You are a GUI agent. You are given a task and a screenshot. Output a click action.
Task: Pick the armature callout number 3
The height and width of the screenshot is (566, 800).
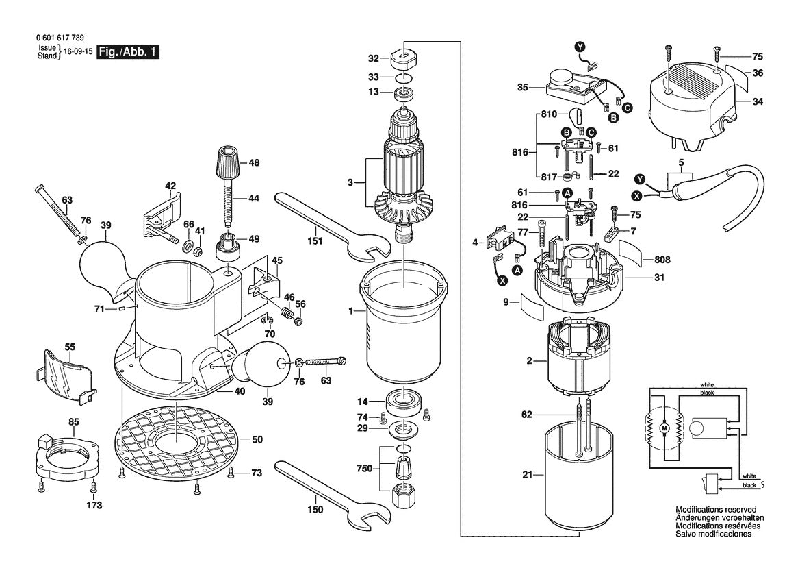pos(350,182)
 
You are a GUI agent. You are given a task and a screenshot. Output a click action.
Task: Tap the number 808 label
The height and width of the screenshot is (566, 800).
pos(662,260)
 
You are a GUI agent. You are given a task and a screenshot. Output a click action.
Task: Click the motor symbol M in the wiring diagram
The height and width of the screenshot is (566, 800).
pos(662,428)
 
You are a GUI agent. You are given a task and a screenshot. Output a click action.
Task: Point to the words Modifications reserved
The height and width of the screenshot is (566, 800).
pos(715,510)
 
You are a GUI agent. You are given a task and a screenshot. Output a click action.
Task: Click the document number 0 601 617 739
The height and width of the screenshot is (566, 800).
pos(64,39)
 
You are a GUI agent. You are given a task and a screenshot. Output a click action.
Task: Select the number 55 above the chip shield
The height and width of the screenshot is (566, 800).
pos(70,347)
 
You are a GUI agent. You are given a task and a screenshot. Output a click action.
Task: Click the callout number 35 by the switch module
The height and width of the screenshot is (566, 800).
pos(522,88)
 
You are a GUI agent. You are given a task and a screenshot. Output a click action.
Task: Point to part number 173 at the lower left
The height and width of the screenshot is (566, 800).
pos(94,506)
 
